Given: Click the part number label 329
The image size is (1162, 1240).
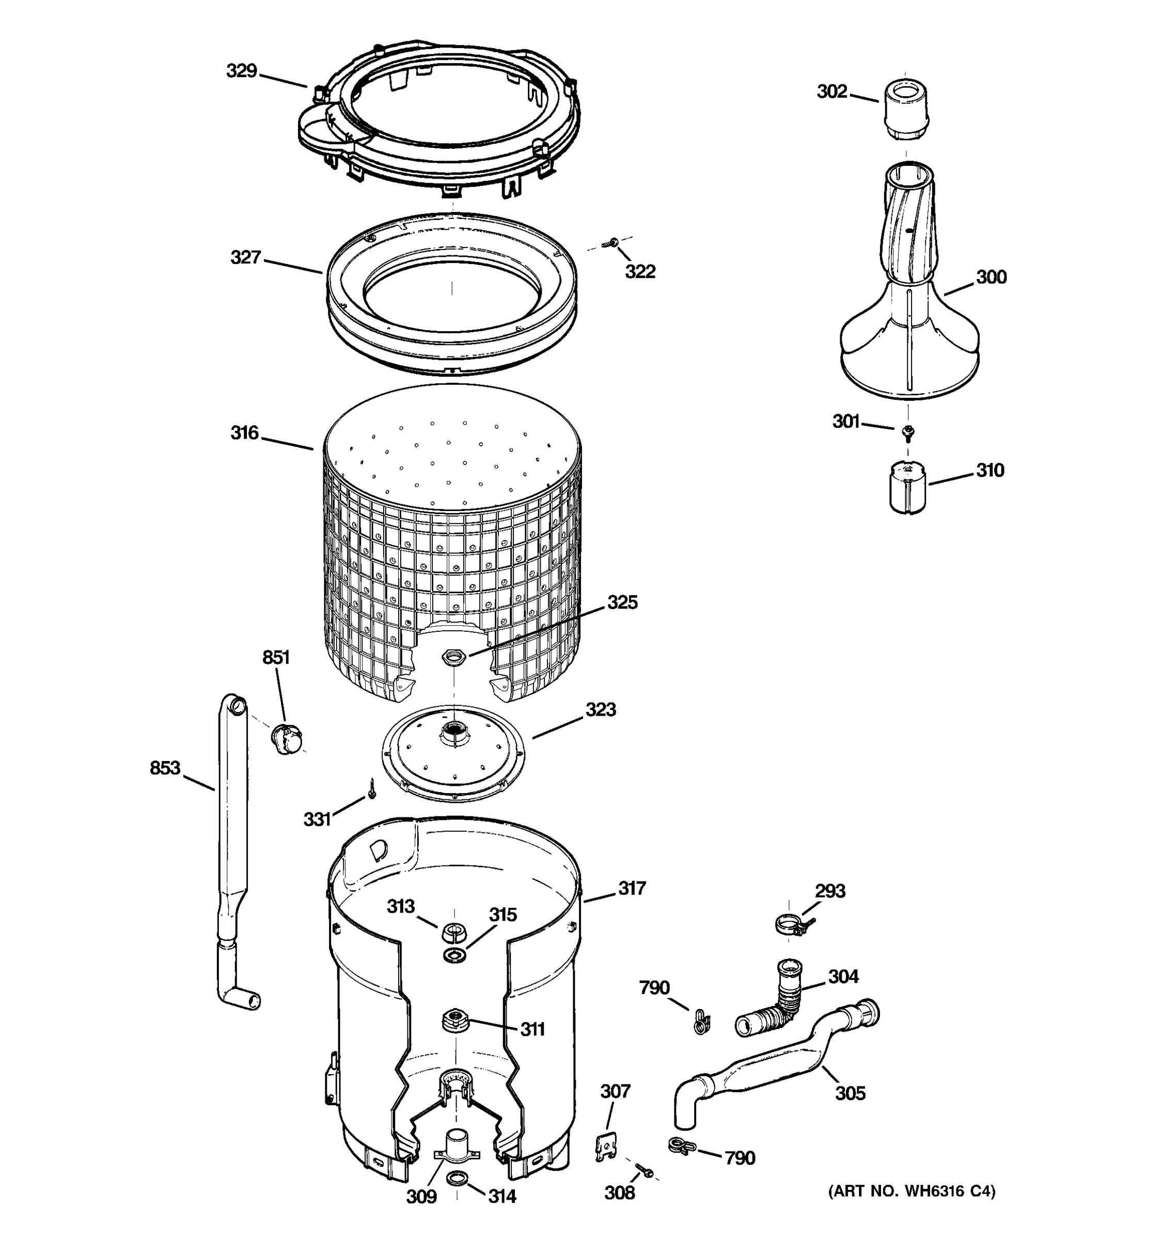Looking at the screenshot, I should (241, 71).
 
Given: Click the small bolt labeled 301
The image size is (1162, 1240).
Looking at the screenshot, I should (908, 430).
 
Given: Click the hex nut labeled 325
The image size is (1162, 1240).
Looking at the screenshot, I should (451, 656).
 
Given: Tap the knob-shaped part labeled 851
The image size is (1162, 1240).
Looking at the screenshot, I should (287, 739).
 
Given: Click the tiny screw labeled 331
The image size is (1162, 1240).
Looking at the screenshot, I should (372, 789).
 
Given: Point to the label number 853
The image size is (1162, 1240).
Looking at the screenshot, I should (165, 768).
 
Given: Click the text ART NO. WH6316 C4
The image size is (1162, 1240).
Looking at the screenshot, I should (912, 1191).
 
